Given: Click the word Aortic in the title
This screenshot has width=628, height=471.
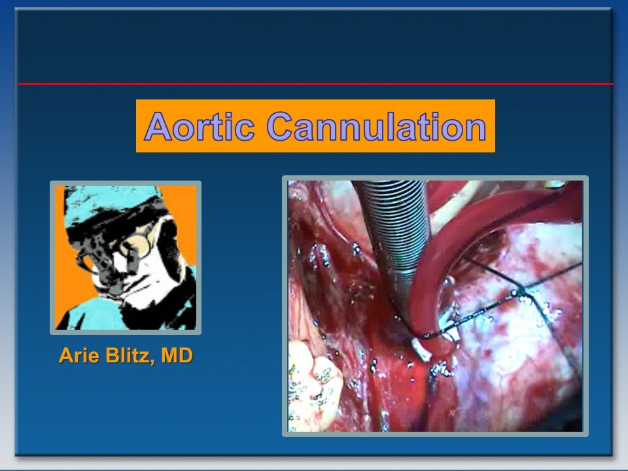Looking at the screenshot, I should coord(200,126).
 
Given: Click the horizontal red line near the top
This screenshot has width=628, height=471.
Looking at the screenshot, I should coord(314,84).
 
